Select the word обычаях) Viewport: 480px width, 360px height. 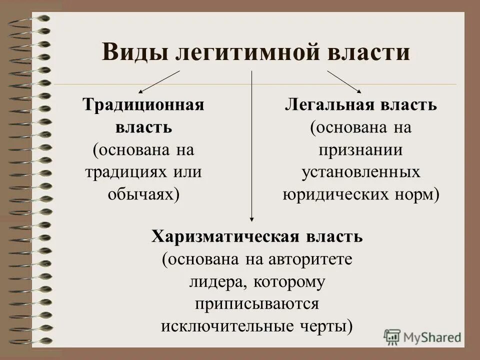(143, 193)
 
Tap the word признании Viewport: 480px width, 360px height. (361, 149)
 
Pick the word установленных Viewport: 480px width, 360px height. (361, 171)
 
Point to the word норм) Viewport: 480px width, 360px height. (416, 193)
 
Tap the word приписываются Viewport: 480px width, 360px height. (257, 303)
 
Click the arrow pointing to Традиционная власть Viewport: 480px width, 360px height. (159, 81)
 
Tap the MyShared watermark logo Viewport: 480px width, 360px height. (422, 336)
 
